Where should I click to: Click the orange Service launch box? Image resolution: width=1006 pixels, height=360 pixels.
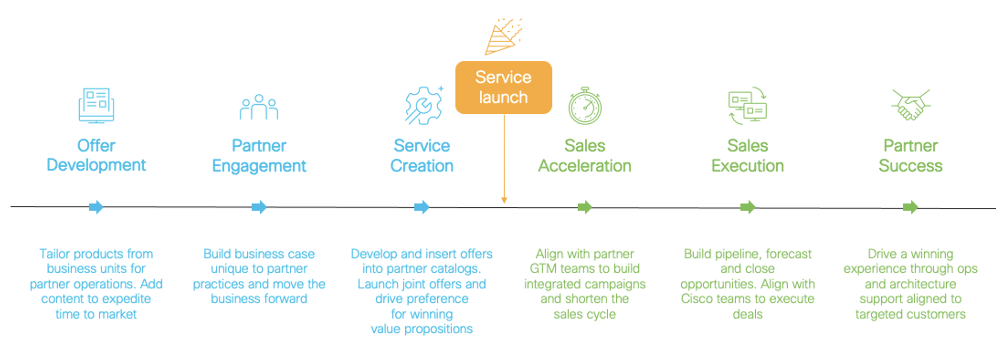(503, 87)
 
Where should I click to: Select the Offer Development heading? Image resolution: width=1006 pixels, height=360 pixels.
(96, 155)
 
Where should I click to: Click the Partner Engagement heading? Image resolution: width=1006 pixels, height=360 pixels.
(259, 156)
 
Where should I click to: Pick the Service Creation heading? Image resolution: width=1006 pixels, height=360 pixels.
(422, 156)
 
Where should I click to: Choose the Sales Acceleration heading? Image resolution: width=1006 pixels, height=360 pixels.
(585, 156)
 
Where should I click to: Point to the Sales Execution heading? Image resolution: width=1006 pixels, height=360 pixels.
(747, 156)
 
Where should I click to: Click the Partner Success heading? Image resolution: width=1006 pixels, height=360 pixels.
(910, 156)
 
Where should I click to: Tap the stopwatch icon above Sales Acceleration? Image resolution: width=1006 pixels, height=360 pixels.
(585, 106)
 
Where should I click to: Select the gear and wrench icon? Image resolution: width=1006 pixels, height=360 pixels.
(423, 105)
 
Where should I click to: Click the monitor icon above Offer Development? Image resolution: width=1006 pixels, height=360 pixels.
(96, 105)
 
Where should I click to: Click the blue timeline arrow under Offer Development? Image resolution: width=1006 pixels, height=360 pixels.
(96, 207)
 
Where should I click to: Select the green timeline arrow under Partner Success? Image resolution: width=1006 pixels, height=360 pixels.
(910, 207)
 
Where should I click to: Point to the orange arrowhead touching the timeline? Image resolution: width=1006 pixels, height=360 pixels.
(504, 200)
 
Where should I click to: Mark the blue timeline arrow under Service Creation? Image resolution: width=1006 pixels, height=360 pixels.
(422, 207)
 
